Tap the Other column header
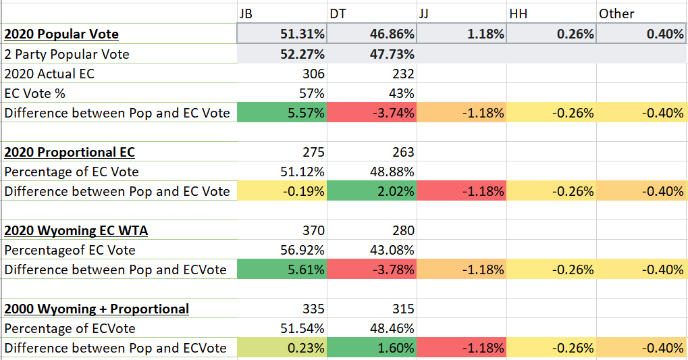click(x=616, y=14)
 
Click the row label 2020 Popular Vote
click(x=61, y=34)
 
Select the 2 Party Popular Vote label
click(x=67, y=54)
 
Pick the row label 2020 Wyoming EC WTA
click(x=76, y=230)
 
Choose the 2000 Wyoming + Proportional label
click(x=97, y=309)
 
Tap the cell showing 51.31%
click(x=302, y=34)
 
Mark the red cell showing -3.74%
click(x=394, y=113)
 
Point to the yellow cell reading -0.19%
click(x=304, y=191)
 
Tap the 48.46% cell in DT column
click(x=392, y=328)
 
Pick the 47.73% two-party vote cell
click(x=392, y=54)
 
